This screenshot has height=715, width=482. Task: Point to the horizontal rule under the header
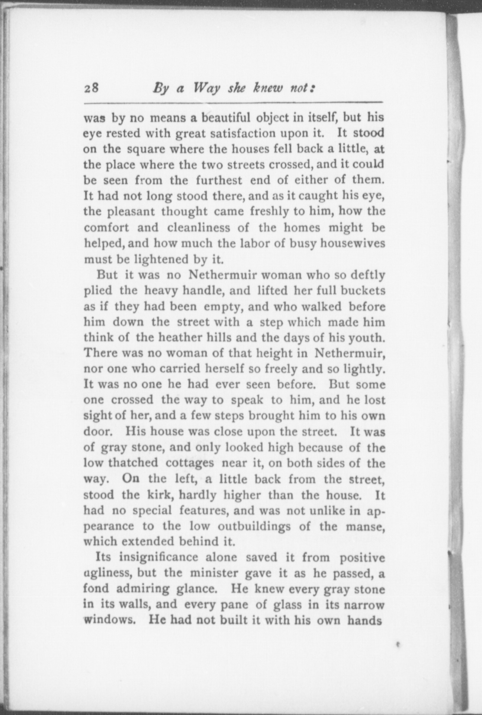pos(233,103)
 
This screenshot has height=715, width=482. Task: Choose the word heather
pos(180,338)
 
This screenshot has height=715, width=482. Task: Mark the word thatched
pos(133,463)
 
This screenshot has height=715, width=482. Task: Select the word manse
pos(364,526)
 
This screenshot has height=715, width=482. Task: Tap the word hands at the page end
pos(365,620)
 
